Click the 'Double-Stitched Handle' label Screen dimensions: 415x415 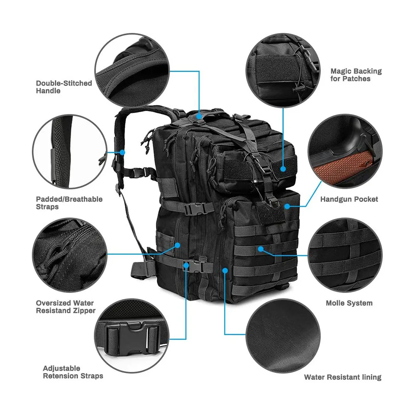click(64, 87)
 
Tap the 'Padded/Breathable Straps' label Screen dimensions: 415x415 click(69, 203)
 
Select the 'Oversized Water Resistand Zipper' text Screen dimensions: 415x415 click(66, 307)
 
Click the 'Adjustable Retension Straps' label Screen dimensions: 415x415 click(73, 372)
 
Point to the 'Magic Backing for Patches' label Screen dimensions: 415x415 click(356, 75)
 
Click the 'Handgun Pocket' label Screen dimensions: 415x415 click(349, 199)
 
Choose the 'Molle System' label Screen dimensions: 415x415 click(349, 303)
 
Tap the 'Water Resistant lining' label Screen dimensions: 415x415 click(342, 377)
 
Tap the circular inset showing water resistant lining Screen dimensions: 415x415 click(282, 336)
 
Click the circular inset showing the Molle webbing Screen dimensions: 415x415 click(345, 254)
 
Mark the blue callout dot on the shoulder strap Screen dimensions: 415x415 click(122, 152)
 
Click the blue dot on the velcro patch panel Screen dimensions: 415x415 click(283, 169)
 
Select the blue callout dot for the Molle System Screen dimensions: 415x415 click(260, 248)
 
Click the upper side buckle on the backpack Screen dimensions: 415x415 click(193, 209)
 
